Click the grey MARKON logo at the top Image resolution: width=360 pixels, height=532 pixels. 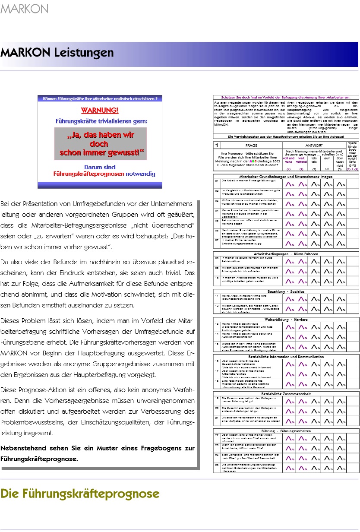[25, 8]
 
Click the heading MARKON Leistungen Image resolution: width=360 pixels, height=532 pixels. [57, 53]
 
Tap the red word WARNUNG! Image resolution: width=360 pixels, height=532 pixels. [100, 110]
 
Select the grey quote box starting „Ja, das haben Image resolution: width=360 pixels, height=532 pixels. [100, 143]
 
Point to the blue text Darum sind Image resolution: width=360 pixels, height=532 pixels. [100, 167]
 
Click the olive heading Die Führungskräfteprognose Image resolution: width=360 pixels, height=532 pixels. [80, 493]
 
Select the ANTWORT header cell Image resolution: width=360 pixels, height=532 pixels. [314, 146]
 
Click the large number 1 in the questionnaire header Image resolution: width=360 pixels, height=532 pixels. [217, 146]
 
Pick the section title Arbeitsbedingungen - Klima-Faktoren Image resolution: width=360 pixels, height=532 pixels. [286, 254]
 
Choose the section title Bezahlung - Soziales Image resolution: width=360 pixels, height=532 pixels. [286, 291]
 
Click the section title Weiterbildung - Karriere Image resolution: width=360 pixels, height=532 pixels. [286, 319]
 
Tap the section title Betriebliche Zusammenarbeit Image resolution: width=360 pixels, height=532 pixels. [286, 394]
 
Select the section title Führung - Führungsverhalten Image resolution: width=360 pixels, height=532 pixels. [286, 431]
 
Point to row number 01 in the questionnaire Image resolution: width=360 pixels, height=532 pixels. [217, 180]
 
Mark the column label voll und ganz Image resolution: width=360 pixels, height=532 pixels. [289, 160]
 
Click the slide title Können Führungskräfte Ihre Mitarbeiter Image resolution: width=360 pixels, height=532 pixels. [100, 99]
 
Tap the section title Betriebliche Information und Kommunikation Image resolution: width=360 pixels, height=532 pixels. [286, 357]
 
